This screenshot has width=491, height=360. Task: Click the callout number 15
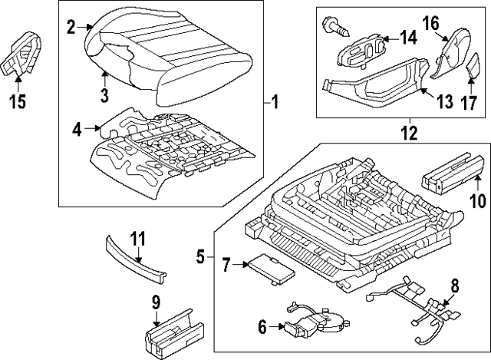(x=18, y=101)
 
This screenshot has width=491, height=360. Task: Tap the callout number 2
(x=71, y=28)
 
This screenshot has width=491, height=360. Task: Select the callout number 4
(x=77, y=129)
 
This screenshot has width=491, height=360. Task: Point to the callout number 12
(x=409, y=133)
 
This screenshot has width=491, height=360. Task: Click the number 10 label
(x=478, y=200)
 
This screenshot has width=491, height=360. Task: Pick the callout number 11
(x=137, y=239)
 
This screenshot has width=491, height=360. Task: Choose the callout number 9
(x=156, y=302)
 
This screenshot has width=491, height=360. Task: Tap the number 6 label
(x=262, y=327)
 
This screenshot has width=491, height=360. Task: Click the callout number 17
(x=469, y=103)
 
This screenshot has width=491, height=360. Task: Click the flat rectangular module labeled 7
(x=271, y=269)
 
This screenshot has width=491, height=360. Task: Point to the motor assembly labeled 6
(x=316, y=321)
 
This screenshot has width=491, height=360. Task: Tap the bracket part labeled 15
(x=21, y=54)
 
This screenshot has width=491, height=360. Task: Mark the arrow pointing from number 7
(x=240, y=265)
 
